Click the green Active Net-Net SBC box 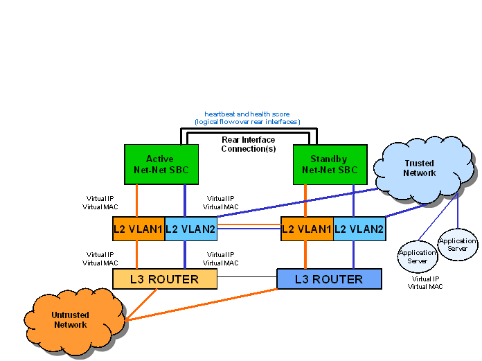click(160, 164)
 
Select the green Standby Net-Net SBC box click(330, 164)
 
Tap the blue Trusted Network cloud click(419, 168)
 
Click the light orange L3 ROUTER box click(165, 279)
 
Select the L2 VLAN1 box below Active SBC click(139, 229)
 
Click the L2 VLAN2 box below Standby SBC click(359, 229)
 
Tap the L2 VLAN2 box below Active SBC click(191, 229)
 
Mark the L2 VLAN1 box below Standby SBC click(307, 229)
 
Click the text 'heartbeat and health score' click(247, 114)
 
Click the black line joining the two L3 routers click(247, 277)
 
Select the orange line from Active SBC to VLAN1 click(137, 201)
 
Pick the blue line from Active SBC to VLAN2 click(185, 201)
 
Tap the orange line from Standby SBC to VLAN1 click(305, 201)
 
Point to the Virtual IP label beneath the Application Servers click(425, 279)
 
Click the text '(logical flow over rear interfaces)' click(247, 122)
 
